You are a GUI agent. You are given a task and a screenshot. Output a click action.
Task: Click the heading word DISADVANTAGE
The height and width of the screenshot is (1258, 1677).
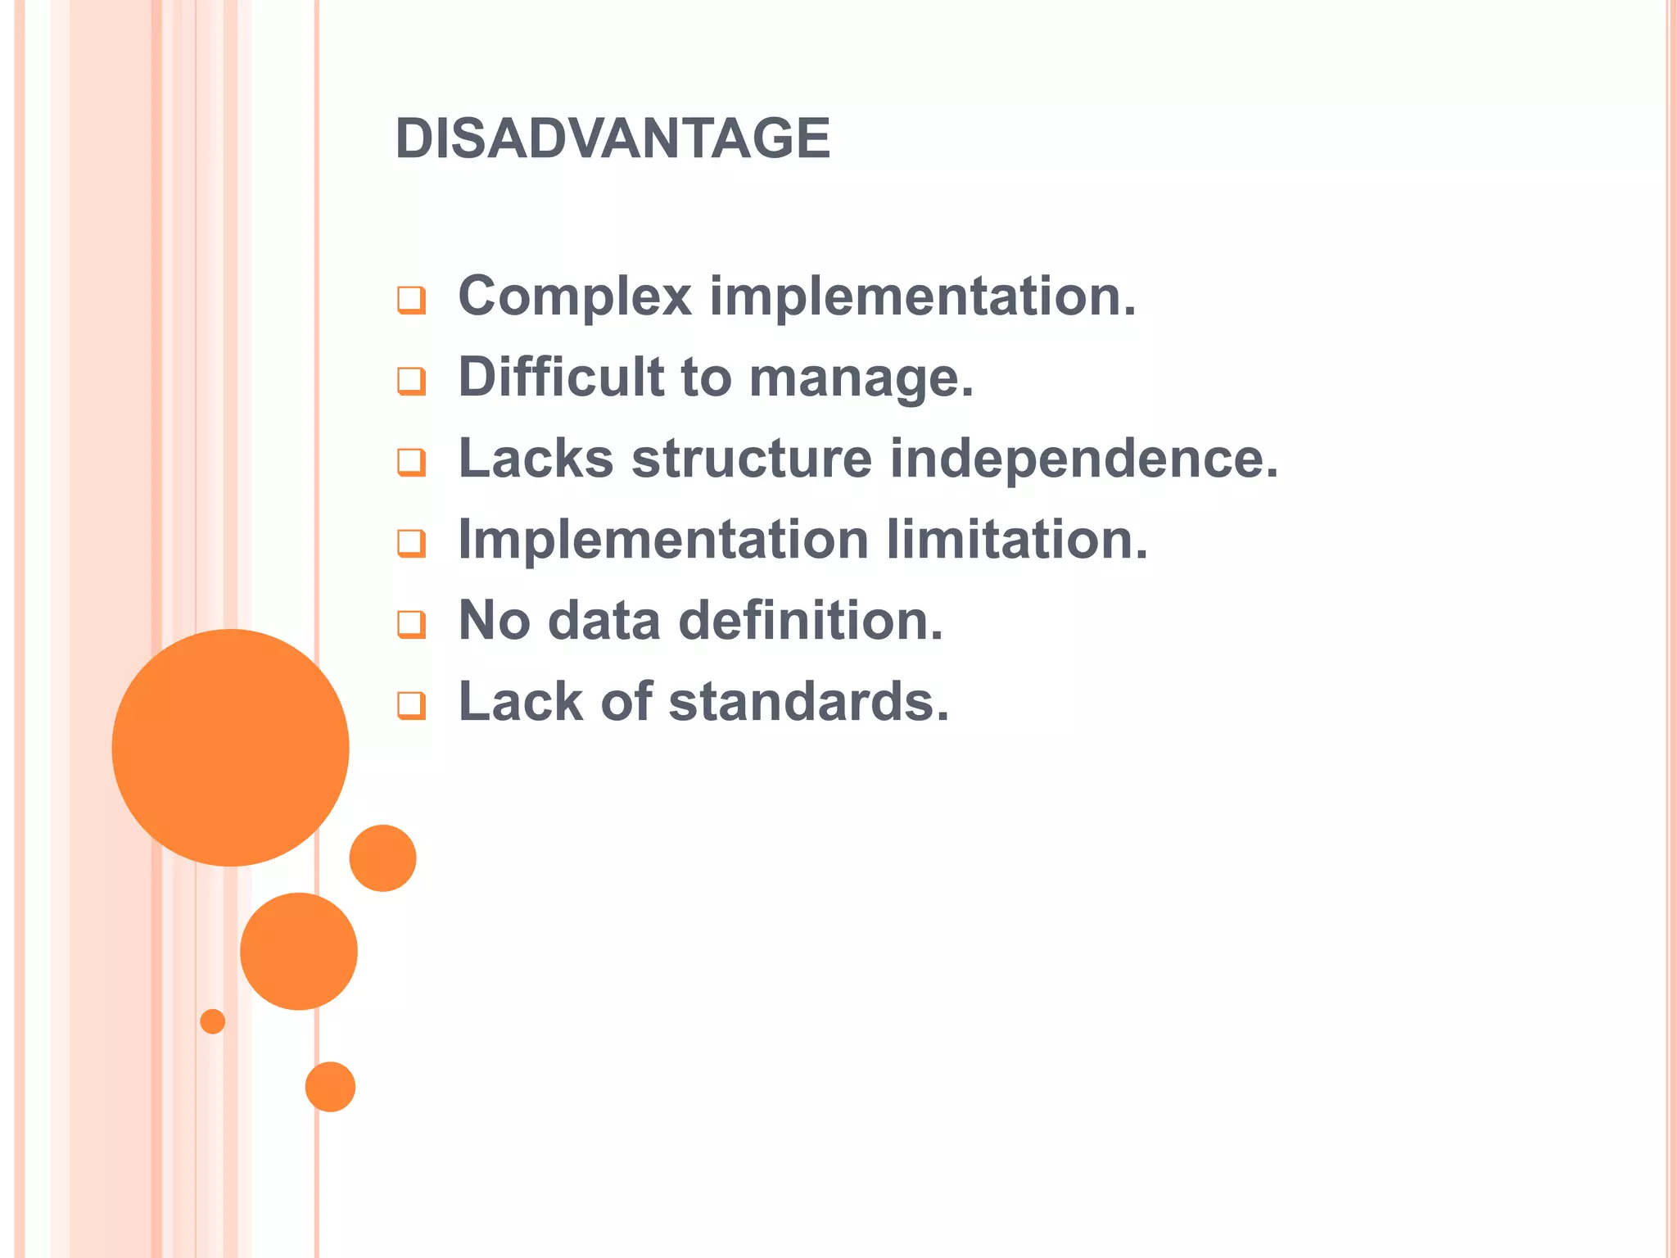pos(612,138)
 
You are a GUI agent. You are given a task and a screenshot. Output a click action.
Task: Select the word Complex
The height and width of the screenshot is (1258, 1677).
pos(575,296)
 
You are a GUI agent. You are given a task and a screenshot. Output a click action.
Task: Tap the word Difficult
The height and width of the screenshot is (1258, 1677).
pos(560,377)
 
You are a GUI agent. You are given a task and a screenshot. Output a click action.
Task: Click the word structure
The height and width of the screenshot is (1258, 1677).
pos(751,458)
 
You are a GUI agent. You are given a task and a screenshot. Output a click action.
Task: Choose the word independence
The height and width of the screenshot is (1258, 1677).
pos(1083,459)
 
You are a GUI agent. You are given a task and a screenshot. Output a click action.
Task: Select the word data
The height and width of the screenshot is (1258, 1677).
pos(603,620)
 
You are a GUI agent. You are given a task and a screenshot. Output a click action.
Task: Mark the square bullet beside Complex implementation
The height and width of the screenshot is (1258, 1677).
pos(411,300)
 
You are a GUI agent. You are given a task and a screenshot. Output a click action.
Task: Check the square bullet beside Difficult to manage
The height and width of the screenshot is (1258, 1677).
pos(411,381)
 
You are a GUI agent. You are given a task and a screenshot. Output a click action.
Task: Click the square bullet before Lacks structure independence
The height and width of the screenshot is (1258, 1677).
pos(411,462)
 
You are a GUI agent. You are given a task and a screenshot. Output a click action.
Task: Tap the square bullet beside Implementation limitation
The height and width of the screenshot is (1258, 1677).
pos(411,543)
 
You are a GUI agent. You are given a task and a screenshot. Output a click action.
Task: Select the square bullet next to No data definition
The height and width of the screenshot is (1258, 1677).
pos(411,624)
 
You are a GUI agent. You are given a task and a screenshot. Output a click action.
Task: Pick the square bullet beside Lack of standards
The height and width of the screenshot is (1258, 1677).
pos(411,705)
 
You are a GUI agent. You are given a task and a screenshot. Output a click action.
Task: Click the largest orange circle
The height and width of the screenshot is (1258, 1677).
pos(230,747)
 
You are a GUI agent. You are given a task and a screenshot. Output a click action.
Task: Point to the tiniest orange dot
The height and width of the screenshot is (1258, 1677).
pos(212,1021)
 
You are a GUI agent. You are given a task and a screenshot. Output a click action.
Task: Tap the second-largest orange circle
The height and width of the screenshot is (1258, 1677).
pos(299,951)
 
